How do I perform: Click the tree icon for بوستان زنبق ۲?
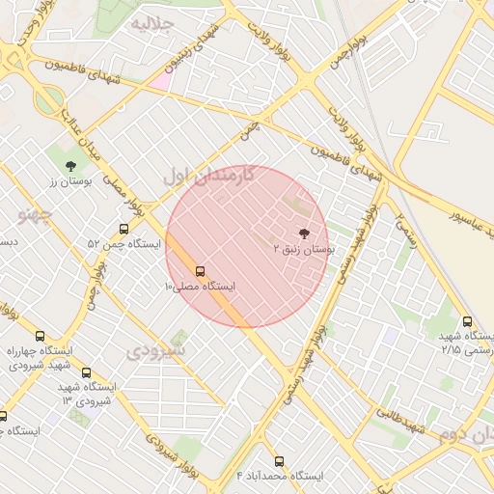click(x=305, y=233)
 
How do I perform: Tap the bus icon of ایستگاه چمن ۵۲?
click(x=123, y=229)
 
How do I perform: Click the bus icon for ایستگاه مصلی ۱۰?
click(x=200, y=271)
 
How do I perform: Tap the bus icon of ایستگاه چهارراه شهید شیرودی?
click(x=40, y=335)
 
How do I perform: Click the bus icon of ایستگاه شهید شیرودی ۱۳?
click(x=86, y=371)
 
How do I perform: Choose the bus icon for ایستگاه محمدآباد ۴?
click(x=280, y=461)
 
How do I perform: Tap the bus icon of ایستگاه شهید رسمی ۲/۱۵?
click(x=468, y=321)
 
